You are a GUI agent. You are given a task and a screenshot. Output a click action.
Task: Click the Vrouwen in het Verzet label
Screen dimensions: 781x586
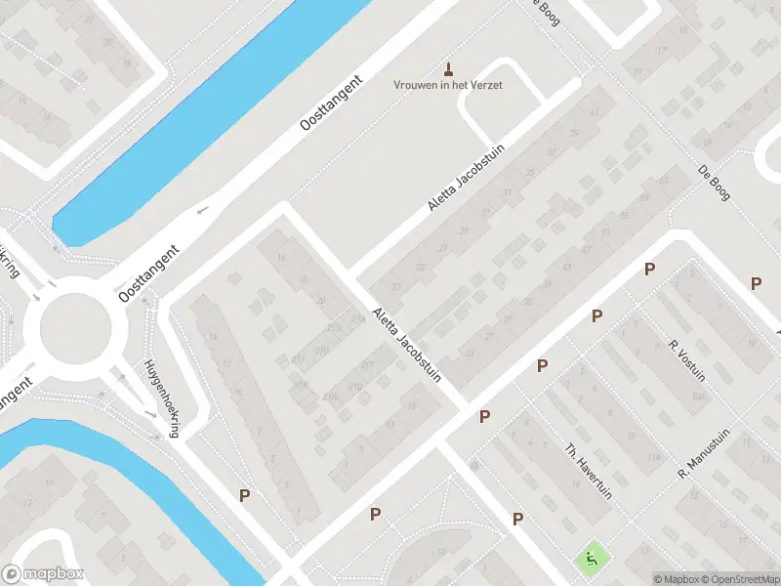448,86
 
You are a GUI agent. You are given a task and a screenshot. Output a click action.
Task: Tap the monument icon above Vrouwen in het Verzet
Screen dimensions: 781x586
449,68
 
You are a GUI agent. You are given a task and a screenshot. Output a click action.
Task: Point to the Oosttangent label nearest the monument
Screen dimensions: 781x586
332,110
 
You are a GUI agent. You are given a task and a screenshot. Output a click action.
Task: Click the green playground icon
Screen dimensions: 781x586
591,560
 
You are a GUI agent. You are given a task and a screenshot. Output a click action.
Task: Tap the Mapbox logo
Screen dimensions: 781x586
43,574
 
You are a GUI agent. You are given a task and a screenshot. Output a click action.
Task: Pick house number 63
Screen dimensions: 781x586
664,181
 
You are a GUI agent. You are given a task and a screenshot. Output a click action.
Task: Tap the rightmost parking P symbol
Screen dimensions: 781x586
756,283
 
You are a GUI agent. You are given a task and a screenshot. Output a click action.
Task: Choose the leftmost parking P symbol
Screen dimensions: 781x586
244,495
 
